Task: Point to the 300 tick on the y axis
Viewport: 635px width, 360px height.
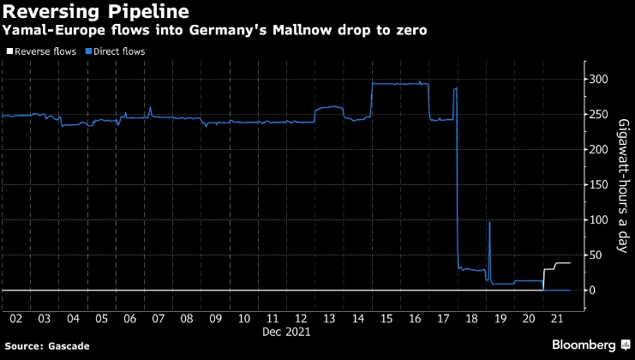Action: coord(599,80)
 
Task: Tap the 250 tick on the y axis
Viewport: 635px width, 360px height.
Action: coord(599,115)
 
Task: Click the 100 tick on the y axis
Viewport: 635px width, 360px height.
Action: coord(599,220)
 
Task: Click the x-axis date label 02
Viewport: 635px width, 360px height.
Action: coord(16,319)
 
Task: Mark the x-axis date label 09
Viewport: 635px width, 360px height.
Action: coord(214,319)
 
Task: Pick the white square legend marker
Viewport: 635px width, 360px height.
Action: coord(7,51)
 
